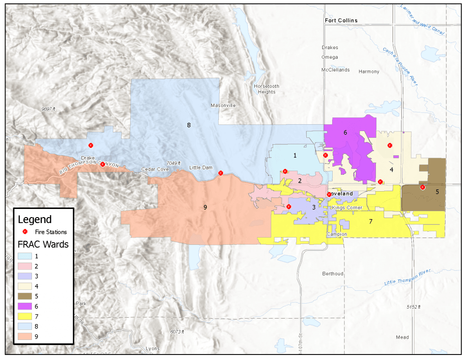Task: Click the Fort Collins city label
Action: point(341,20)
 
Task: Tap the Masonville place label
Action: point(223,106)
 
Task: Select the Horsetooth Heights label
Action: point(266,89)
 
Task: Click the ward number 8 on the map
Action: point(188,125)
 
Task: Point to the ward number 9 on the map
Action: point(205,208)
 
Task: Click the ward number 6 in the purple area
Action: point(345,132)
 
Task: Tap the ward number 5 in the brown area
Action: point(437,192)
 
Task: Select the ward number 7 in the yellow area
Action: point(370,222)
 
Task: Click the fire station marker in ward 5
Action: point(422,187)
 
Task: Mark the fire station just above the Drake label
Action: point(91,145)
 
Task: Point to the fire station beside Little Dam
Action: point(221,173)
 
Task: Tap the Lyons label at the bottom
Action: point(152,349)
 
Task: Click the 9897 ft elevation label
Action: point(48,109)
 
